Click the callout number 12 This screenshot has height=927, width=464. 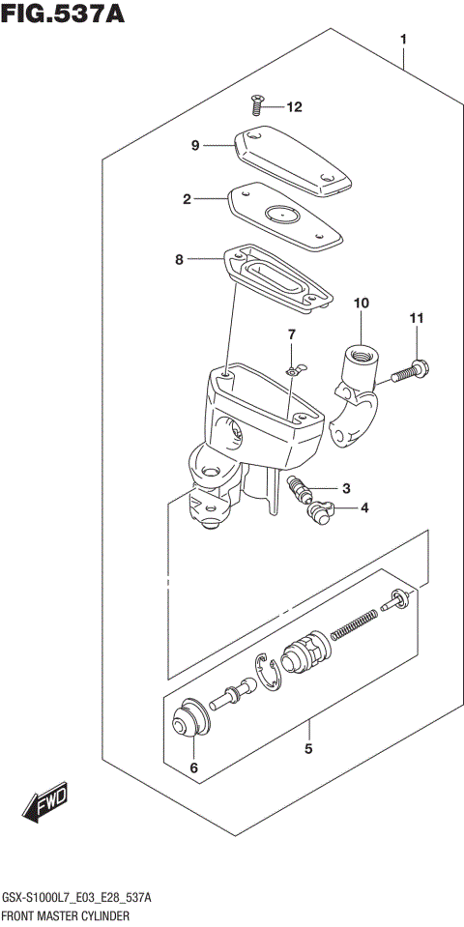(x=294, y=106)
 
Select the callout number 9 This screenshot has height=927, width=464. (x=194, y=146)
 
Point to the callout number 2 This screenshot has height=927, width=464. (x=188, y=199)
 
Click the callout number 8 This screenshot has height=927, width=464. (x=179, y=259)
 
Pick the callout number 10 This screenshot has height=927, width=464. (x=361, y=304)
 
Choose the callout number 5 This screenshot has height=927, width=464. (x=308, y=748)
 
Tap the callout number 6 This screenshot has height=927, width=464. (x=192, y=768)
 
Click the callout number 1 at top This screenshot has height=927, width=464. (x=403, y=40)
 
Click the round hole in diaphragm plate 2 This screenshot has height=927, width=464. (x=281, y=216)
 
